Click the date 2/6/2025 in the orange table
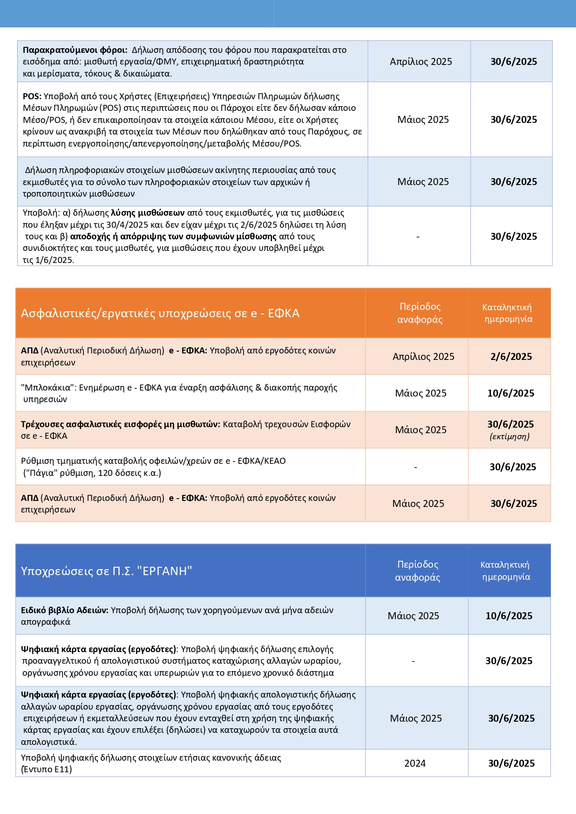click(511, 357)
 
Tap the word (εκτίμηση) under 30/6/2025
click(510, 436)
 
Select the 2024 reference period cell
click(415, 763)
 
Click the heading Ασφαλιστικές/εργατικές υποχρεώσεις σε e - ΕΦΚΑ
click(160, 314)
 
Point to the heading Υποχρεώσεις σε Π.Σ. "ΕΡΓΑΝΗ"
click(106, 571)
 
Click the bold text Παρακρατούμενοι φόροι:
click(75, 50)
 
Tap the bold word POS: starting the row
click(32, 96)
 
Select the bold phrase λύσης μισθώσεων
click(148, 213)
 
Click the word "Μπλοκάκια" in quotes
click(48, 388)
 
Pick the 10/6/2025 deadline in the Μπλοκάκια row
click(511, 393)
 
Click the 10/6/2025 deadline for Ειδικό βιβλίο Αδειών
click(509, 616)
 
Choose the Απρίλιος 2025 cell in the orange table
click(423, 357)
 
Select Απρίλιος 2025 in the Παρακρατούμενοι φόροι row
click(421, 62)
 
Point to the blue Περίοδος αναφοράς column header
click(417, 571)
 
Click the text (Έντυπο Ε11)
click(46, 769)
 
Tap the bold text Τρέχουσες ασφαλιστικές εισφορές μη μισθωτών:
click(120, 424)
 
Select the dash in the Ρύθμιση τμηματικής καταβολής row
click(415, 467)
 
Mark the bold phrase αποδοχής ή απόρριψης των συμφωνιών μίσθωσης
click(173, 237)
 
